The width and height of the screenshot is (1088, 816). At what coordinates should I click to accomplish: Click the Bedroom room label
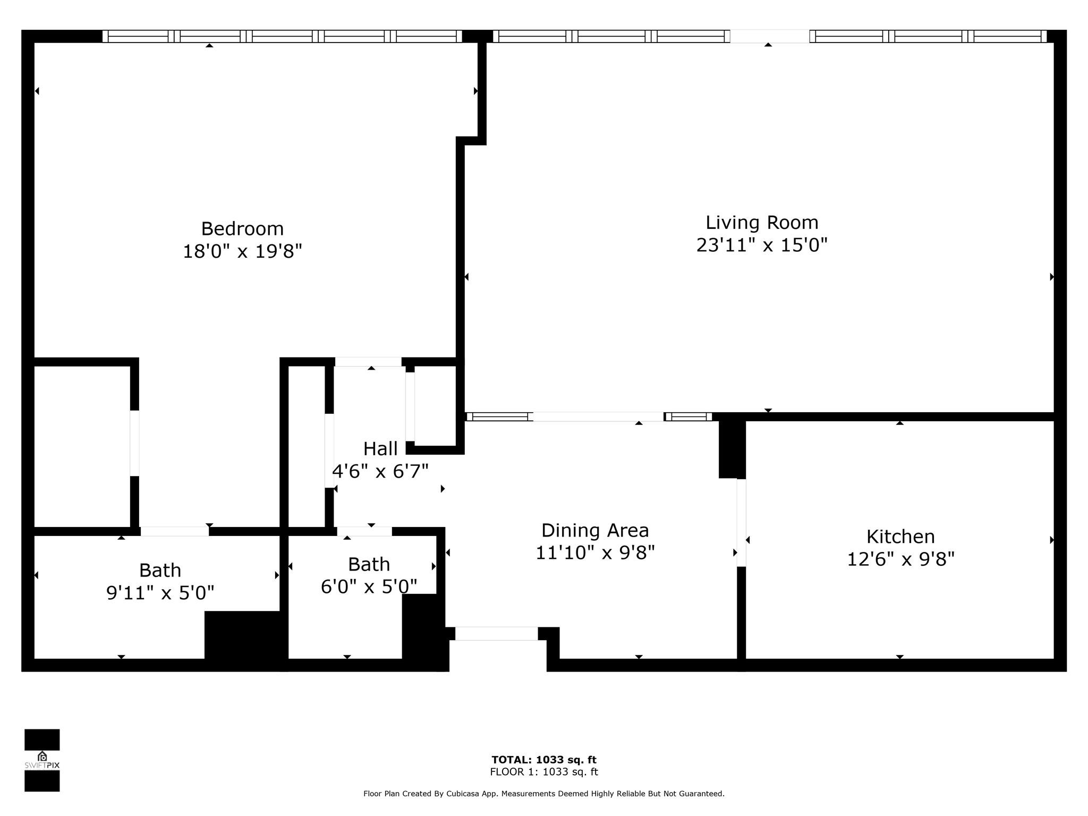coord(242,228)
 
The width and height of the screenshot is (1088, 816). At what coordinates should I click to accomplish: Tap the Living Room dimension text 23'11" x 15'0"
coord(762,245)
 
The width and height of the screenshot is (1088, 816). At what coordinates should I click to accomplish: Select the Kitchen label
coord(900,537)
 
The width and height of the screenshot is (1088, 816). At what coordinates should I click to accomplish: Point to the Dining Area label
coord(595,531)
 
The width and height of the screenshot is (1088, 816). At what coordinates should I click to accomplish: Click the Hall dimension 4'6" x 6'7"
coord(380,471)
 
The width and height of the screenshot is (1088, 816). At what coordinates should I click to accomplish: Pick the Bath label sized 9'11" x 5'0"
coord(160,571)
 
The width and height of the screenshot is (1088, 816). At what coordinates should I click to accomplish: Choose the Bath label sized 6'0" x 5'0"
coord(369,564)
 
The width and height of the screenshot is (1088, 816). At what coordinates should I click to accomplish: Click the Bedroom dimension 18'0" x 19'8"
coord(242,251)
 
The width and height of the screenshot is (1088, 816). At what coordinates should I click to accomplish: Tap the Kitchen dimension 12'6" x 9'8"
coord(900,559)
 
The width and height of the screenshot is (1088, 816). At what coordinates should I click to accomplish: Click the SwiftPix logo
coord(42,760)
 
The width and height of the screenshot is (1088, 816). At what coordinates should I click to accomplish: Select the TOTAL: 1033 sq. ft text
coord(544,760)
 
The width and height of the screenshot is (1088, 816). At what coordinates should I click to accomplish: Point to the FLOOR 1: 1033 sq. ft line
coord(544,772)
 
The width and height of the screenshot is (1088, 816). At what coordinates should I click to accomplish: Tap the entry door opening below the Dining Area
coord(497,633)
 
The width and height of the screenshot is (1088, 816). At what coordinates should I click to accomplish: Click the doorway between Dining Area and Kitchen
coord(741,523)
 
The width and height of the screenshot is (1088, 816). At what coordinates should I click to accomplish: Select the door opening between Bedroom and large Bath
coord(175,531)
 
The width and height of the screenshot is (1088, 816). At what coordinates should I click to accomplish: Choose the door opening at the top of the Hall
coord(368,362)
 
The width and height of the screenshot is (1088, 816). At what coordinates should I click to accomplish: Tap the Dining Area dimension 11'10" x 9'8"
coord(595,553)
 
